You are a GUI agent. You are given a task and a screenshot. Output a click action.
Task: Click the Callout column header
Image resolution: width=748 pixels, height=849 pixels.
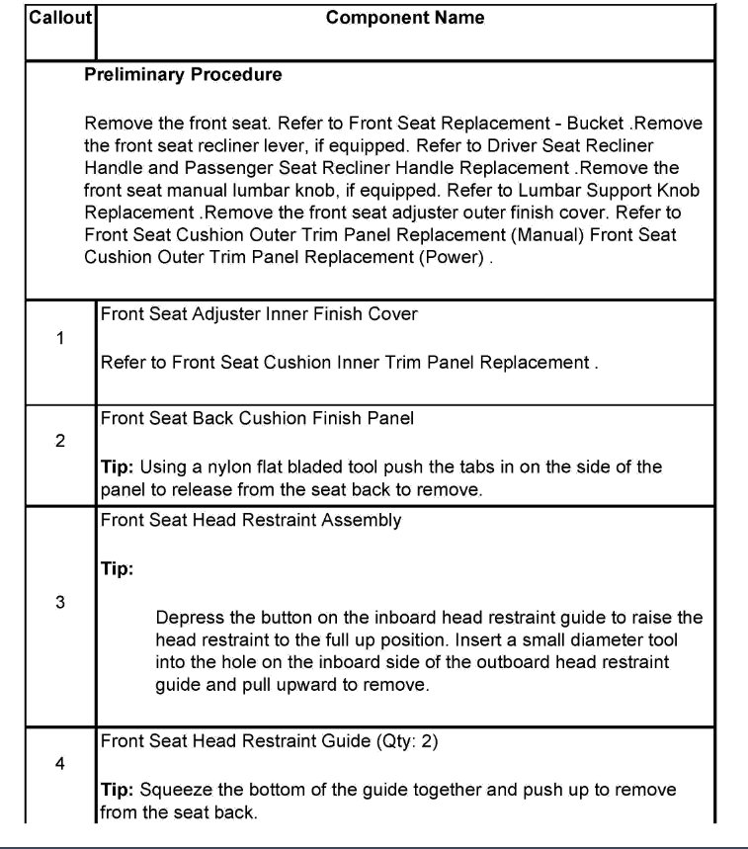(x=60, y=18)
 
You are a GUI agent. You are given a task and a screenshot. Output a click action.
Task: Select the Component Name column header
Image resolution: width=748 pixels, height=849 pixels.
(x=405, y=18)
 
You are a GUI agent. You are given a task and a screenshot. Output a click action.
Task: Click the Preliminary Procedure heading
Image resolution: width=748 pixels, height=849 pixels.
(x=183, y=75)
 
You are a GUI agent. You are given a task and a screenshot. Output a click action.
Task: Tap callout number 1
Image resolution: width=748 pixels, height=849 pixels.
(x=60, y=338)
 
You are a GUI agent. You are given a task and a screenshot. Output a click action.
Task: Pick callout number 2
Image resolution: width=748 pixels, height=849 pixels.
(x=60, y=441)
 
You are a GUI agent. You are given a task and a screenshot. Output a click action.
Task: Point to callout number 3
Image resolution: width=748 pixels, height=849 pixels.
(x=60, y=603)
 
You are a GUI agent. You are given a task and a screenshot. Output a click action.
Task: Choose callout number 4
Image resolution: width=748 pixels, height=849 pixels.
(x=60, y=764)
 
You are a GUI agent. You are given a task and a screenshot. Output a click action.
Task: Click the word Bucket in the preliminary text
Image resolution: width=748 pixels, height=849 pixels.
(x=597, y=124)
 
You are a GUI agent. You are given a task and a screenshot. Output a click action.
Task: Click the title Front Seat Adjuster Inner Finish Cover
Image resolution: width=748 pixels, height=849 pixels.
(x=259, y=314)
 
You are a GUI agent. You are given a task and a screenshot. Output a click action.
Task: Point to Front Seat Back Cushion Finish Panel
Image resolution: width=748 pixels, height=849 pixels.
(x=257, y=418)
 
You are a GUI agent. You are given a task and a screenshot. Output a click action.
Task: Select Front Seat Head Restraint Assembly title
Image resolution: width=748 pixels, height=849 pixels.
(x=251, y=520)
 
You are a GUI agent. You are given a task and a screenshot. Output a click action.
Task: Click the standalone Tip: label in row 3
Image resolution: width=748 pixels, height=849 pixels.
(x=117, y=569)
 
